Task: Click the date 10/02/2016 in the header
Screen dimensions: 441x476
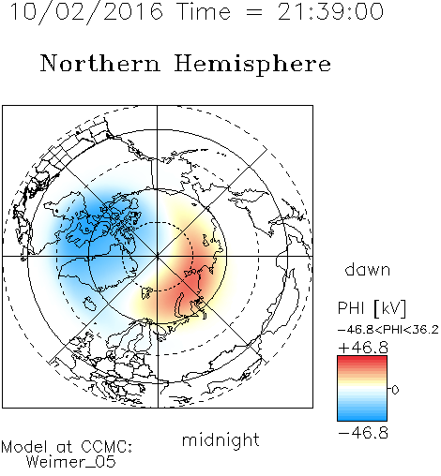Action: point(86,11)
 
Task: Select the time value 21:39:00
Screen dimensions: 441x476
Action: point(330,11)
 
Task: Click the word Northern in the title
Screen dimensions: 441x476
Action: point(100,63)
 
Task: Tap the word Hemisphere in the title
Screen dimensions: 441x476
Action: point(252,65)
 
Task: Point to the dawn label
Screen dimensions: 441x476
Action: point(368,269)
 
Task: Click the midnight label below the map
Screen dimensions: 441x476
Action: point(220,439)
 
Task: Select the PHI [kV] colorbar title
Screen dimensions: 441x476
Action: point(372,308)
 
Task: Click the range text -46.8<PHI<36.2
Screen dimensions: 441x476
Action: point(388,330)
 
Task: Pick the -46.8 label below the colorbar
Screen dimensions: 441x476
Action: point(363,433)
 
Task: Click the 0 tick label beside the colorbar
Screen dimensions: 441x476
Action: point(395,390)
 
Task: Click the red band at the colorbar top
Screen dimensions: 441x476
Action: point(362,359)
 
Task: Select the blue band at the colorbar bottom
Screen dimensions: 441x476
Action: point(362,417)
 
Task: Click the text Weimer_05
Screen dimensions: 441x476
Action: point(71,462)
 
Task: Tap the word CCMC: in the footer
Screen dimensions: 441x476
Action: point(107,447)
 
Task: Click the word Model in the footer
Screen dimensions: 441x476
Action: point(24,447)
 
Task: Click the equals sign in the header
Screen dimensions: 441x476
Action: point(254,12)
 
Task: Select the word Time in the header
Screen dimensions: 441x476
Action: point(204,11)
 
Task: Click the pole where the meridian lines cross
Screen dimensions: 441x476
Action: point(158,256)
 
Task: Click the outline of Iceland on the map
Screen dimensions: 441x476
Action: point(89,304)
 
